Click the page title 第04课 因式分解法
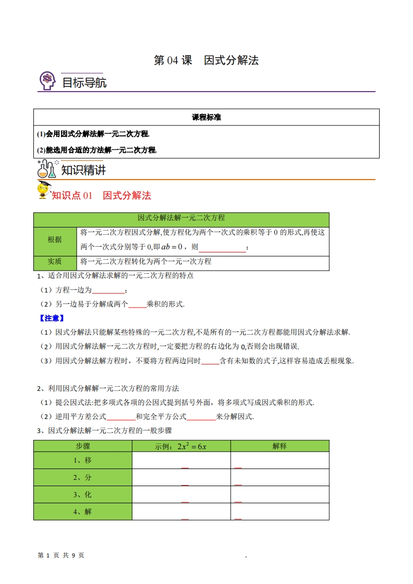click(206, 60)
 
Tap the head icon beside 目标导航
click(47, 81)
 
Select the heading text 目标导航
click(84, 82)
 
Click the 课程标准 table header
click(206, 118)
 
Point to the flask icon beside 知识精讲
click(46, 169)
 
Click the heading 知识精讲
click(83, 170)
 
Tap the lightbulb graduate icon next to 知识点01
click(44, 191)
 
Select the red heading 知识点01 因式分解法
click(102, 196)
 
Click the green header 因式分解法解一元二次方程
click(181, 218)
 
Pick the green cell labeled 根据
click(55, 239)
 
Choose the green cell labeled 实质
click(55, 261)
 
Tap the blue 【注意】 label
click(52, 318)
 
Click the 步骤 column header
click(83, 446)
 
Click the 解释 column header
click(280, 446)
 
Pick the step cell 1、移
click(83, 460)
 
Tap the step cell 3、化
click(83, 494)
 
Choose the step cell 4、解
click(83, 512)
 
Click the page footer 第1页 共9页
click(61, 555)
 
